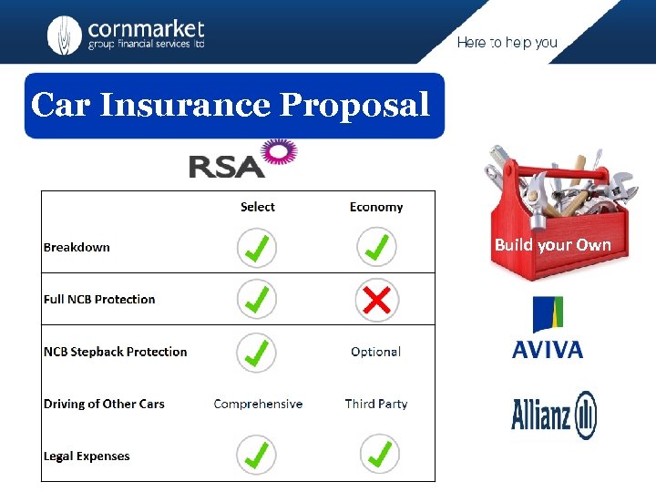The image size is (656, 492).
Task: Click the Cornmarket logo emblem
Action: (x=64, y=35)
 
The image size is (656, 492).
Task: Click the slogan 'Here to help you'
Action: (x=507, y=43)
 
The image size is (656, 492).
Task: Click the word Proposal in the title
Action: (x=354, y=106)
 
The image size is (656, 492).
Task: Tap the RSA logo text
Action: (x=225, y=166)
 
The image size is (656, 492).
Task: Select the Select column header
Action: (x=257, y=207)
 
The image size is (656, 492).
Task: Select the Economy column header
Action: (x=375, y=207)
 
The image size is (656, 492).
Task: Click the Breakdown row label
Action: (x=77, y=247)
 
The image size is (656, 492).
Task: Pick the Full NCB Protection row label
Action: (x=99, y=299)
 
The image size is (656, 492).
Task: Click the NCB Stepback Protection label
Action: (x=115, y=352)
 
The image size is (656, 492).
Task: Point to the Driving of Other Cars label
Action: (x=104, y=404)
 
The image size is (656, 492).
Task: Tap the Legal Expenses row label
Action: (x=87, y=456)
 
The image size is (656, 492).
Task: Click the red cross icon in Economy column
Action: (x=376, y=299)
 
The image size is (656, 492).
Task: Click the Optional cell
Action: (x=375, y=352)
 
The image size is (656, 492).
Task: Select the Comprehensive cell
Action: (x=258, y=404)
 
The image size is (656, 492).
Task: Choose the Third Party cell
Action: (x=375, y=404)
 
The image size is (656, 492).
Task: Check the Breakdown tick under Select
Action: (x=257, y=247)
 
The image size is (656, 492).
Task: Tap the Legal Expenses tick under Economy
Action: (x=376, y=454)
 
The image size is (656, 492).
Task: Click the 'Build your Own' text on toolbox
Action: (x=552, y=245)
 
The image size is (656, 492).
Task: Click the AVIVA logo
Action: (x=548, y=328)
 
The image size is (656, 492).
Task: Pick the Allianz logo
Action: (x=553, y=415)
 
